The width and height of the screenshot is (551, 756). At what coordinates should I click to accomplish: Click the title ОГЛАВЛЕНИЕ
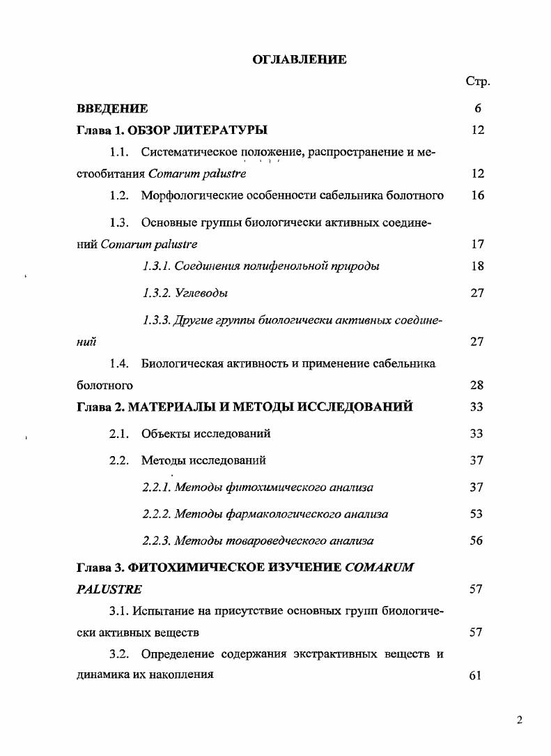click(300, 60)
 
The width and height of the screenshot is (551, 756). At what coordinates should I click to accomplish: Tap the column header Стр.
click(477, 82)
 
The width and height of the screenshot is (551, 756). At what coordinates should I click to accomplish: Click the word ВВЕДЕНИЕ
click(111, 109)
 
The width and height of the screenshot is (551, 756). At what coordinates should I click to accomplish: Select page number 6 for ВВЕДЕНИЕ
click(477, 109)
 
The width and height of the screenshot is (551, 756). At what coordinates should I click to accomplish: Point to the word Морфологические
click(185, 195)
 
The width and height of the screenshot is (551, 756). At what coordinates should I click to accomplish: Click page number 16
click(477, 195)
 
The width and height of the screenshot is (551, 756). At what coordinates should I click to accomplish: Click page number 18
click(477, 266)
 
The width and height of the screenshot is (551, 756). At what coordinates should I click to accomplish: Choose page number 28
click(477, 385)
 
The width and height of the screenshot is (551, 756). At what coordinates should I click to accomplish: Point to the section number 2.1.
click(119, 434)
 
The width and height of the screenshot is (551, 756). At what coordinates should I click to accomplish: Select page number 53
click(477, 514)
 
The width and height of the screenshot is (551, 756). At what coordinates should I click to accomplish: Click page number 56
click(477, 540)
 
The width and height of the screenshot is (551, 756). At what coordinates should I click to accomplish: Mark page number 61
click(477, 675)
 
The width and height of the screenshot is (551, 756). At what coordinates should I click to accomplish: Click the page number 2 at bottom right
click(519, 721)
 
